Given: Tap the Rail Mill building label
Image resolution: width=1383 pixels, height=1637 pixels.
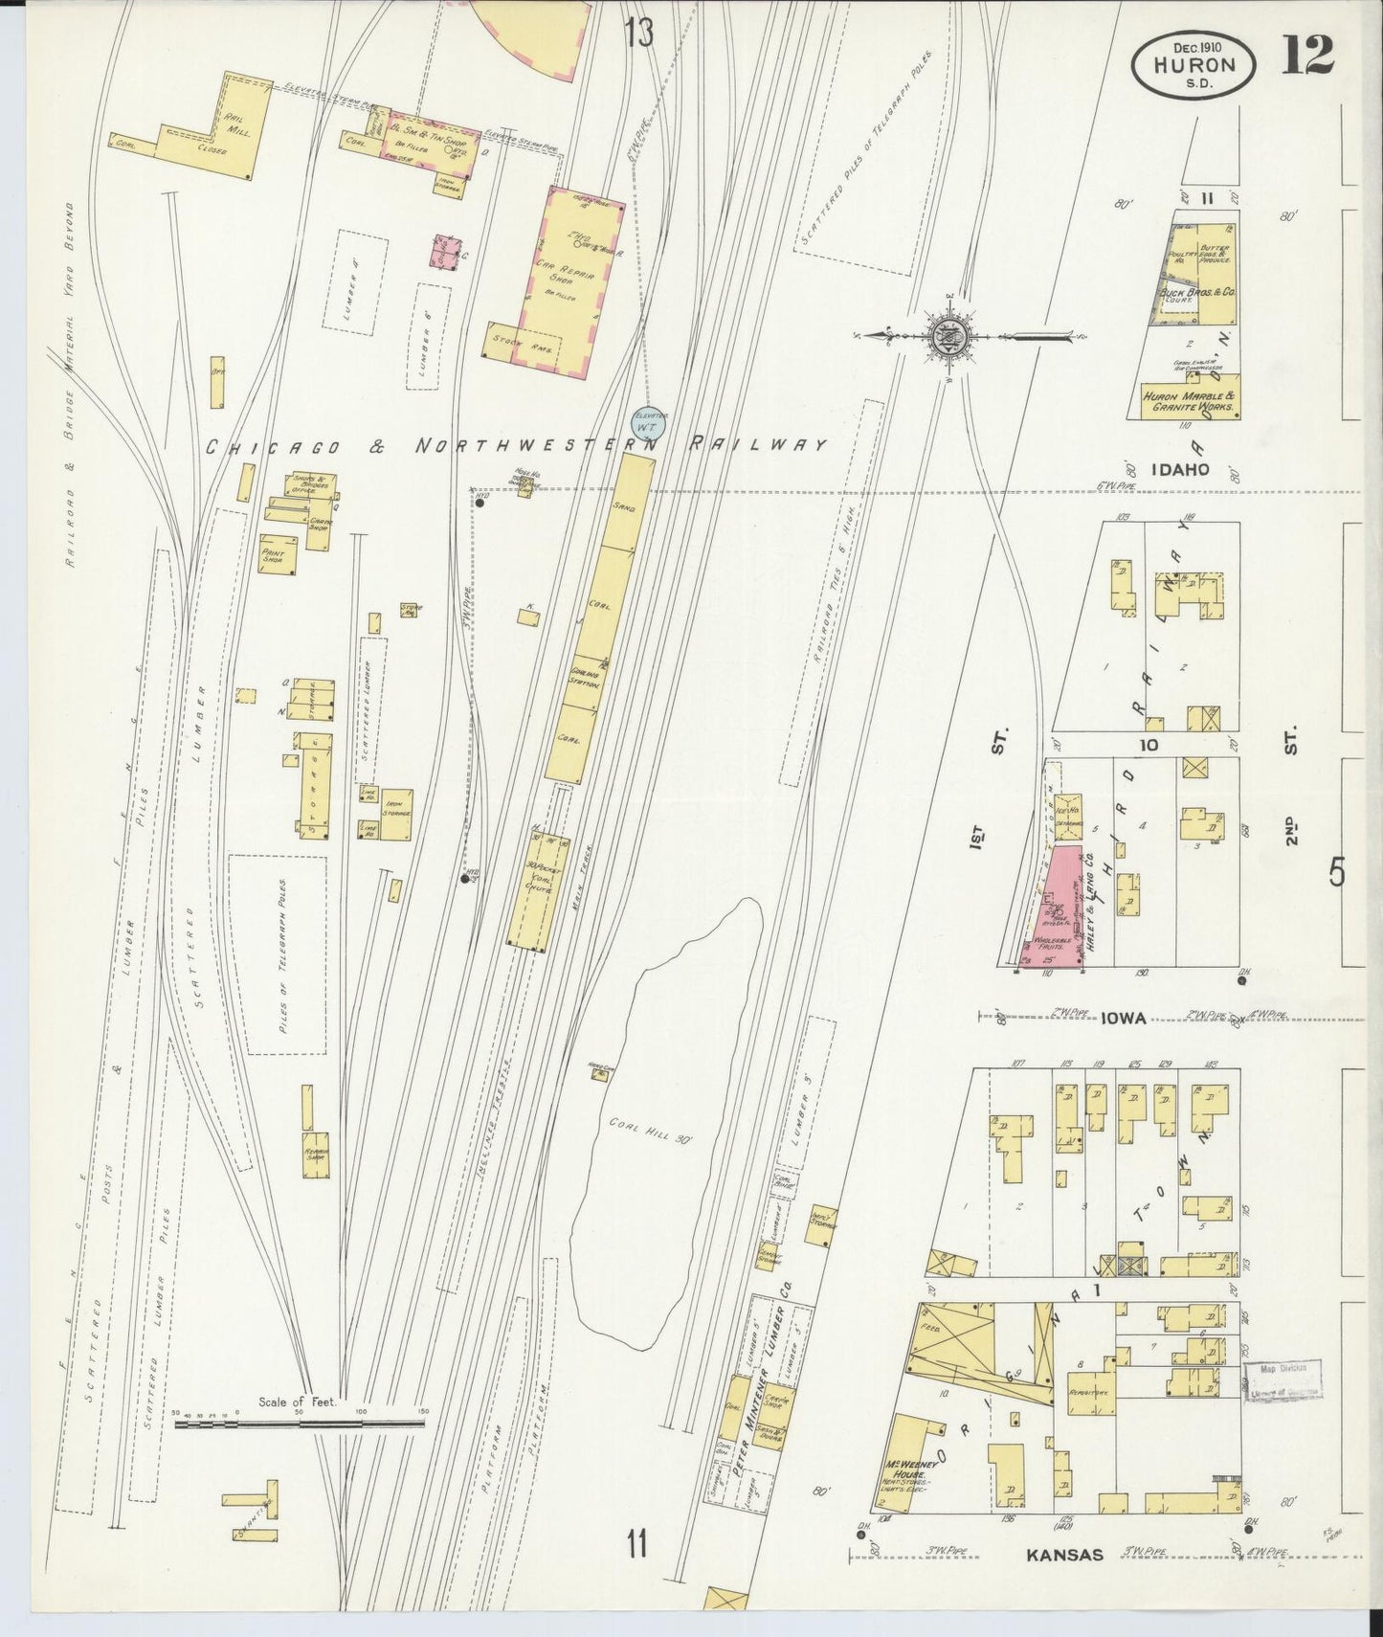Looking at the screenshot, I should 235,127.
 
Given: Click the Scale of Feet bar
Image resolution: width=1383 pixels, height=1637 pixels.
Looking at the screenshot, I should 300,1424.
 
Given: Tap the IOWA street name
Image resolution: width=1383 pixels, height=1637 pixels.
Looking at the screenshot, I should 1123,1019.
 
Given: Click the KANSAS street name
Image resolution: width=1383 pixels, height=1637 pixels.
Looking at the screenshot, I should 1065,1556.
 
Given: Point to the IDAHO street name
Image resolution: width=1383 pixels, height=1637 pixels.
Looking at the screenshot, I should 1181,470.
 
